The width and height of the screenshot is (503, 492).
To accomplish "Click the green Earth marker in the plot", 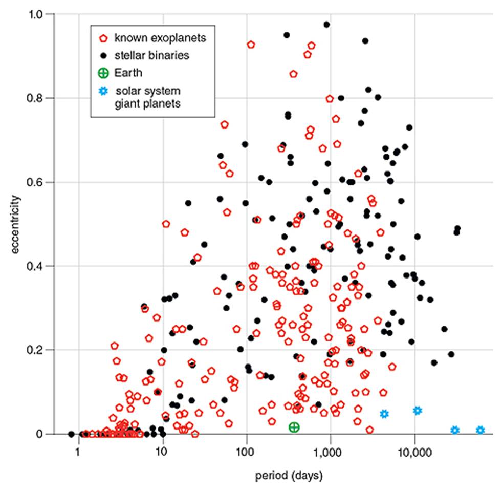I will click(294, 427).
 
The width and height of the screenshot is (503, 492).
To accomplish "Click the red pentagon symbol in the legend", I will click(103, 38).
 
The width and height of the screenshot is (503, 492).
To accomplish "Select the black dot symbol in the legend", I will click(103, 55).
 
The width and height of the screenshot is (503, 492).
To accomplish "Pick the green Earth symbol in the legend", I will click(103, 73).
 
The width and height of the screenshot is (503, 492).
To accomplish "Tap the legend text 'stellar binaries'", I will click(145, 55).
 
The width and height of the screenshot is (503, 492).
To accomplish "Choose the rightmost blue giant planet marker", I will click(480, 430).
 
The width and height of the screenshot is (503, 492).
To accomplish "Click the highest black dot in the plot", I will click(326, 24).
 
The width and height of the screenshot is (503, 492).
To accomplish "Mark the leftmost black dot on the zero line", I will click(71, 434).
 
